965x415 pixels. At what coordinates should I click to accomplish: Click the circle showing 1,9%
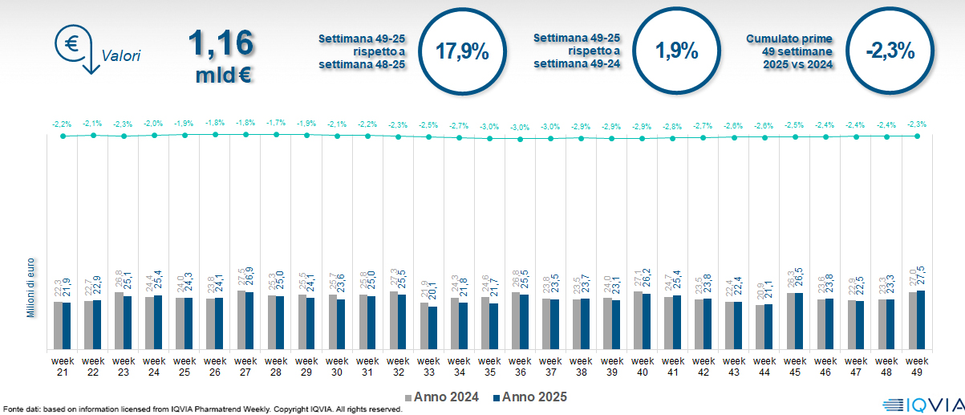point(675,51)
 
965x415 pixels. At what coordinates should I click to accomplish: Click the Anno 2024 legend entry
point(444,397)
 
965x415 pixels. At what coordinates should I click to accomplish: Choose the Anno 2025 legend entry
point(530,397)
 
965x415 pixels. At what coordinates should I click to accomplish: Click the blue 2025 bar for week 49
point(921,319)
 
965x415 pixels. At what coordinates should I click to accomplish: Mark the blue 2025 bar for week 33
point(432,328)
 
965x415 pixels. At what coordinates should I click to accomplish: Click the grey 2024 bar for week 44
point(760,328)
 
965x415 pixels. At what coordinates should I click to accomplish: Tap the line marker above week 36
point(521,139)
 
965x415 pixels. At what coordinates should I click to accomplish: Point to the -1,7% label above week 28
point(276,123)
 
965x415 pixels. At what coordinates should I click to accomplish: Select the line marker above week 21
point(62,136)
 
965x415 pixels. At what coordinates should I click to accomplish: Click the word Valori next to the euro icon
point(121,56)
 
